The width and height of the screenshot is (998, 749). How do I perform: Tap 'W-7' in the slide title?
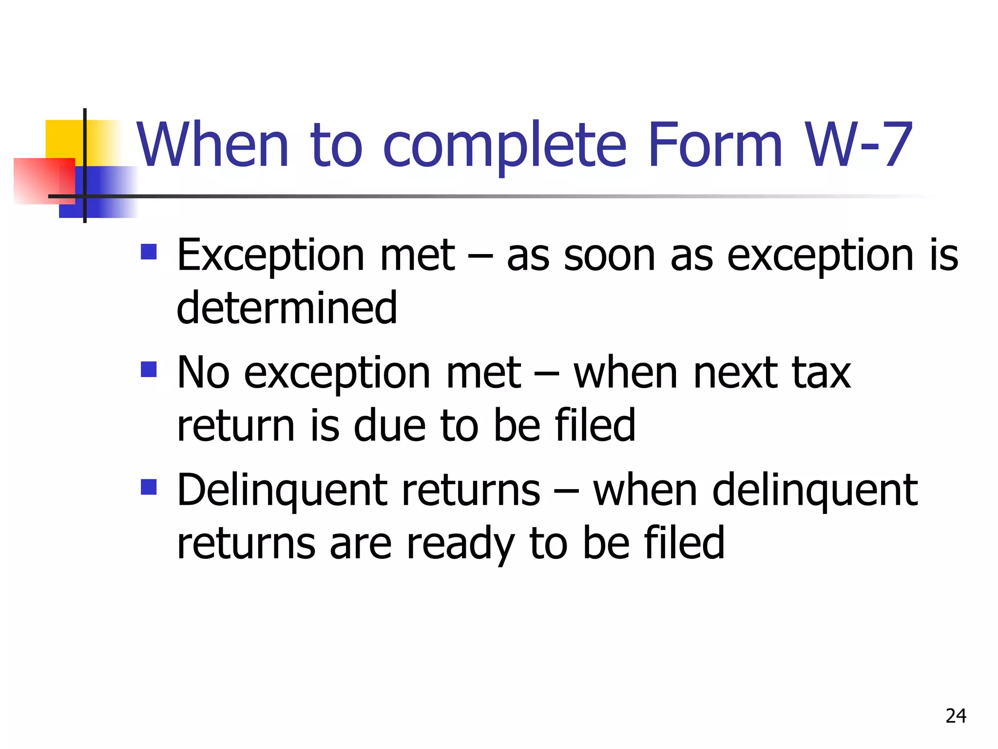pos(858,145)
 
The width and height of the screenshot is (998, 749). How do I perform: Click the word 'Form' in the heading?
pos(715,145)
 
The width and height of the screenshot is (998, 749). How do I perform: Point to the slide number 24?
pos(956,716)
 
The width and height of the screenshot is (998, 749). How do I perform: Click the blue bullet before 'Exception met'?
pos(149,252)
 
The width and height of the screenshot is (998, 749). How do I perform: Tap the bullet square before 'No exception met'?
pos(149,370)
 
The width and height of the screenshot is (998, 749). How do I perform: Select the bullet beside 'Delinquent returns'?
pos(149,487)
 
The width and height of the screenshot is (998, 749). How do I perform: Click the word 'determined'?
pos(287,308)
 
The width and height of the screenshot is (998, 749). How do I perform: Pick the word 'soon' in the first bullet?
pos(609,256)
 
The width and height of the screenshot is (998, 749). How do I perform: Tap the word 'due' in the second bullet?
pos(389,426)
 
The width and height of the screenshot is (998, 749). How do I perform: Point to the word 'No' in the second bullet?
pos(203,373)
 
